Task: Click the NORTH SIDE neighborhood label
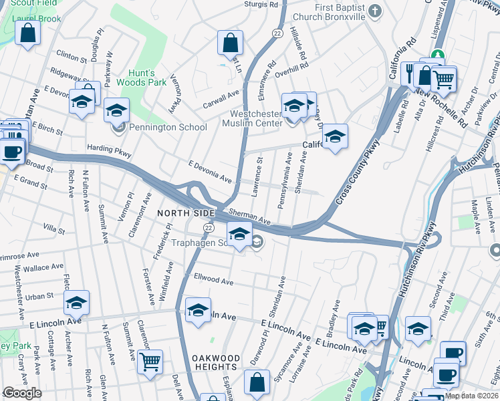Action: pyautogui.click(x=186, y=213)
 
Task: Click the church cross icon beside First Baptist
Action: pyautogui.click(x=375, y=11)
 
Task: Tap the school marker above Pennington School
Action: pyautogui.click(x=116, y=110)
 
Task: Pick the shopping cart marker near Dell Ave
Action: pyautogui.click(x=150, y=362)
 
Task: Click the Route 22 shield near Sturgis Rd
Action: pyautogui.click(x=277, y=32)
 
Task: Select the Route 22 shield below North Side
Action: pyautogui.click(x=209, y=229)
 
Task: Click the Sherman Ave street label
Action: pyautogui.click(x=249, y=216)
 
